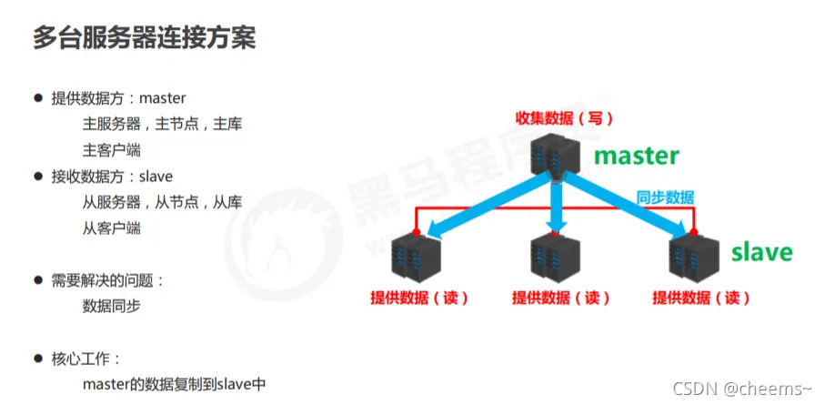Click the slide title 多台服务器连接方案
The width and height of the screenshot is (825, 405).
(144, 38)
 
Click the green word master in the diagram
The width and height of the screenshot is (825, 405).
(637, 156)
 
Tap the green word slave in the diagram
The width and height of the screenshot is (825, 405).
(762, 252)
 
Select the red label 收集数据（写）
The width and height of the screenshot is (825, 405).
(565, 118)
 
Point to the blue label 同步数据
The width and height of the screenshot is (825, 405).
(666, 197)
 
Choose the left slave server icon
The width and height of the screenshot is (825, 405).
(417, 259)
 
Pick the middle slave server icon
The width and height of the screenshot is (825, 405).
(555, 258)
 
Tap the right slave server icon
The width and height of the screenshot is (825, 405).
(694, 259)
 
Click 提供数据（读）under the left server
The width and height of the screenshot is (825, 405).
(419, 299)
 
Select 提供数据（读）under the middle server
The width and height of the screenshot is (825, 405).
(561, 299)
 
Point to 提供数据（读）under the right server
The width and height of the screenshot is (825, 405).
(701, 299)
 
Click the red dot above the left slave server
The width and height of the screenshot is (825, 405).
(417, 232)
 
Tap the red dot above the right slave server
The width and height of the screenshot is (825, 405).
(693, 232)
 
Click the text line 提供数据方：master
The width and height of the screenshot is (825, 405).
(118, 98)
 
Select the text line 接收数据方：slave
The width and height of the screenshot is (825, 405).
(112, 177)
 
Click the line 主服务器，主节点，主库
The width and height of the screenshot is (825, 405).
(162, 125)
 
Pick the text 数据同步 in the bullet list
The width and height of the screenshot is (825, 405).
(112, 307)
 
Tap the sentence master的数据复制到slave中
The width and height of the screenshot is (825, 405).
(174, 384)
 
